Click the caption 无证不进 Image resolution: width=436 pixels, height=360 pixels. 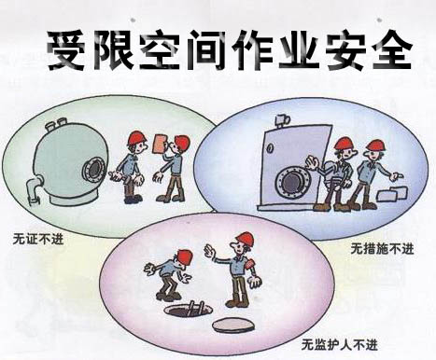[x=38, y=239]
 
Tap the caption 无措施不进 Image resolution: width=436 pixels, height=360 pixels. [x=382, y=248]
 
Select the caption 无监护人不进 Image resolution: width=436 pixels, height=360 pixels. [x=340, y=344]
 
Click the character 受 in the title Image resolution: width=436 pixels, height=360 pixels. [x=66, y=49]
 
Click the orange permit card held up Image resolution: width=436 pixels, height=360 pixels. [x=161, y=144]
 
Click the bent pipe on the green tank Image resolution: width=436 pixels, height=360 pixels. [x=35, y=188]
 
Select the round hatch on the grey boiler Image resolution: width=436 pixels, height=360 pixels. [x=291, y=181]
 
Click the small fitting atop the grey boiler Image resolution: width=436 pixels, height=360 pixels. [x=282, y=121]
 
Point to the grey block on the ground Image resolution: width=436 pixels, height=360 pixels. [x=392, y=193]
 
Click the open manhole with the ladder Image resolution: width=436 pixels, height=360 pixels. [x=189, y=310]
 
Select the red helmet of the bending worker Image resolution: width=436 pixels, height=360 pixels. [x=184, y=258]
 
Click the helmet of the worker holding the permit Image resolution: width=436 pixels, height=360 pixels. [x=182, y=142]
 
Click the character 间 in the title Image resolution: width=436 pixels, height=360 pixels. [x=206, y=49]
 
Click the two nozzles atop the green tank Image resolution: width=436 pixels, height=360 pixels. [x=56, y=124]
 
